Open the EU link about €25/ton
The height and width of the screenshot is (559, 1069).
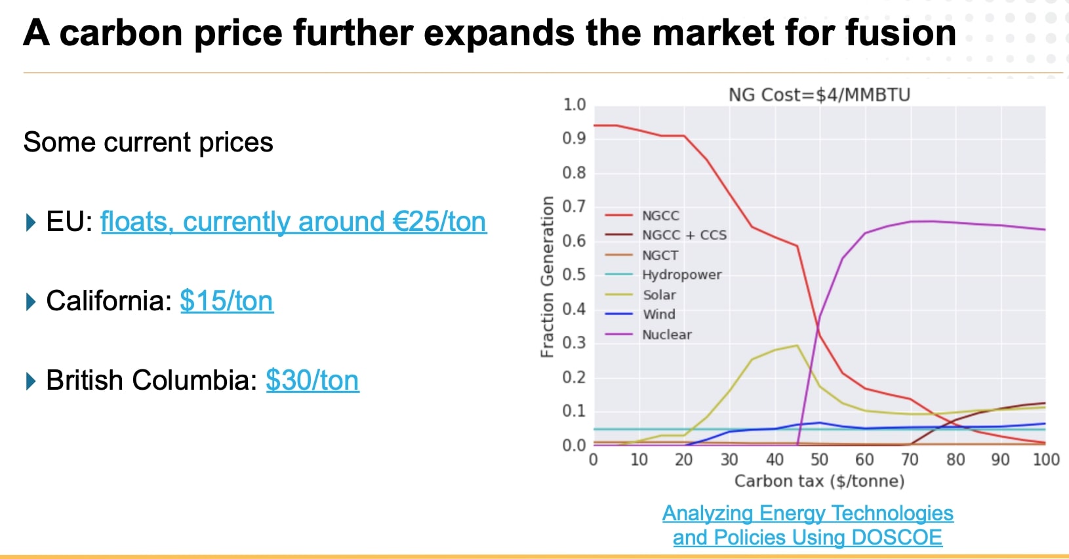(293, 222)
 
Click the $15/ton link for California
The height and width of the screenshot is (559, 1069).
(226, 301)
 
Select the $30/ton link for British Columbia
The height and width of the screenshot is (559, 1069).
(312, 381)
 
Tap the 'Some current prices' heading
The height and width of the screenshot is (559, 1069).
(148, 142)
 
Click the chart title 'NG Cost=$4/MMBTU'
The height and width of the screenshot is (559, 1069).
(819, 95)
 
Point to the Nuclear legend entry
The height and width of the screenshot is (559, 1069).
(666, 335)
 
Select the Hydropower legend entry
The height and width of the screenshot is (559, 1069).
(681, 275)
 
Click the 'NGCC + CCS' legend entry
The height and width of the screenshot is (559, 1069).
(683, 235)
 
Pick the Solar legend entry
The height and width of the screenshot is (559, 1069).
(658, 295)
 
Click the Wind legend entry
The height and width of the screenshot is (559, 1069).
(658, 314)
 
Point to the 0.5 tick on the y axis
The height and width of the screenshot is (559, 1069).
(574, 274)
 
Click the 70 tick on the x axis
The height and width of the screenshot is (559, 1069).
(910, 460)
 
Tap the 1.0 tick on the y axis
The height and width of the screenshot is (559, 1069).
(574, 105)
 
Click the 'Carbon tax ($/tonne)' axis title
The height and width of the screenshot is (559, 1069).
(819, 481)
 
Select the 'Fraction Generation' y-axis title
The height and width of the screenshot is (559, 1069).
(546, 276)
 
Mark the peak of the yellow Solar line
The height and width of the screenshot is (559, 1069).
(797, 345)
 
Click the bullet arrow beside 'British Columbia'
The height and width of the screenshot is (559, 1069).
(30, 381)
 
